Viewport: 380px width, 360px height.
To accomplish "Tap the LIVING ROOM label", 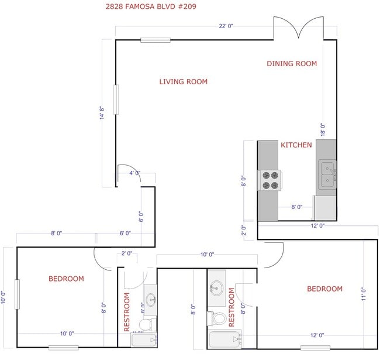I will (184, 82).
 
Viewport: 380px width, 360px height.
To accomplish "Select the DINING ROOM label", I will (292, 64).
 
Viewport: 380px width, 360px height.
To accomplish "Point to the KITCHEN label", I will (296, 145).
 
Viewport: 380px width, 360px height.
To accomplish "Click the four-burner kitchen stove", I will (270, 180).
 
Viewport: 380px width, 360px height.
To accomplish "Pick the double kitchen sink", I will (327, 174).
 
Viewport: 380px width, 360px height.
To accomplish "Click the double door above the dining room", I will (298, 28).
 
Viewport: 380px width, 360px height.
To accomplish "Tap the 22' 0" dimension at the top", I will (226, 26).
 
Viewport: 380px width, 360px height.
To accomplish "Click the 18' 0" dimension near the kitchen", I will (322, 129).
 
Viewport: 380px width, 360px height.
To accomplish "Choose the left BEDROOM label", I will (66, 279).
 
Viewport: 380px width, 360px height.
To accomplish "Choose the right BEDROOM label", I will (324, 289).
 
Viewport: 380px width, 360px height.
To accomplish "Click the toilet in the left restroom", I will (146, 324).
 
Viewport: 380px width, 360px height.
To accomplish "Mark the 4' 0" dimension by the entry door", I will (135, 173).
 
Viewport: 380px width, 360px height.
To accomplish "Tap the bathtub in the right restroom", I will (224, 340).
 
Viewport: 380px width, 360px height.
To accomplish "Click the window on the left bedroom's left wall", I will (18, 293).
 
